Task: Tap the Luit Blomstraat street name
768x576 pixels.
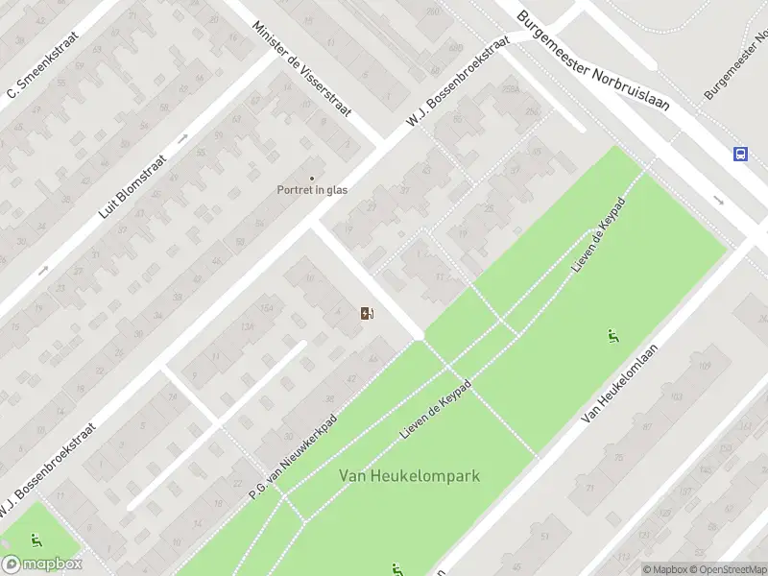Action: pyautogui.click(x=133, y=186)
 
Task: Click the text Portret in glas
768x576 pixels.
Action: pyautogui.click(x=312, y=189)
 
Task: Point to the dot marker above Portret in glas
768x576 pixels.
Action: pyautogui.click(x=311, y=178)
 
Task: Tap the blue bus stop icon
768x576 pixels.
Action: pyautogui.click(x=741, y=154)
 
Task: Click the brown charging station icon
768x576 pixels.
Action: pyautogui.click(x=367, y=313)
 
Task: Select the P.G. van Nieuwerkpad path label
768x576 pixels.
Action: pyautogui.click(x=294, y=455)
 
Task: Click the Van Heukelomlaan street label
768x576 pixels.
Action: pyautogui.click(x=624, y=383)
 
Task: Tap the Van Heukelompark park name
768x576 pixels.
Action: pyautogui.click(x=409, y=475)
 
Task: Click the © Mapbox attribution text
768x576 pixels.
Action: pyautogui.click(x=664, y=569)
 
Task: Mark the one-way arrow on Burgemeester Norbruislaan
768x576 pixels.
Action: pyautogui.click(x=718, y=200)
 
